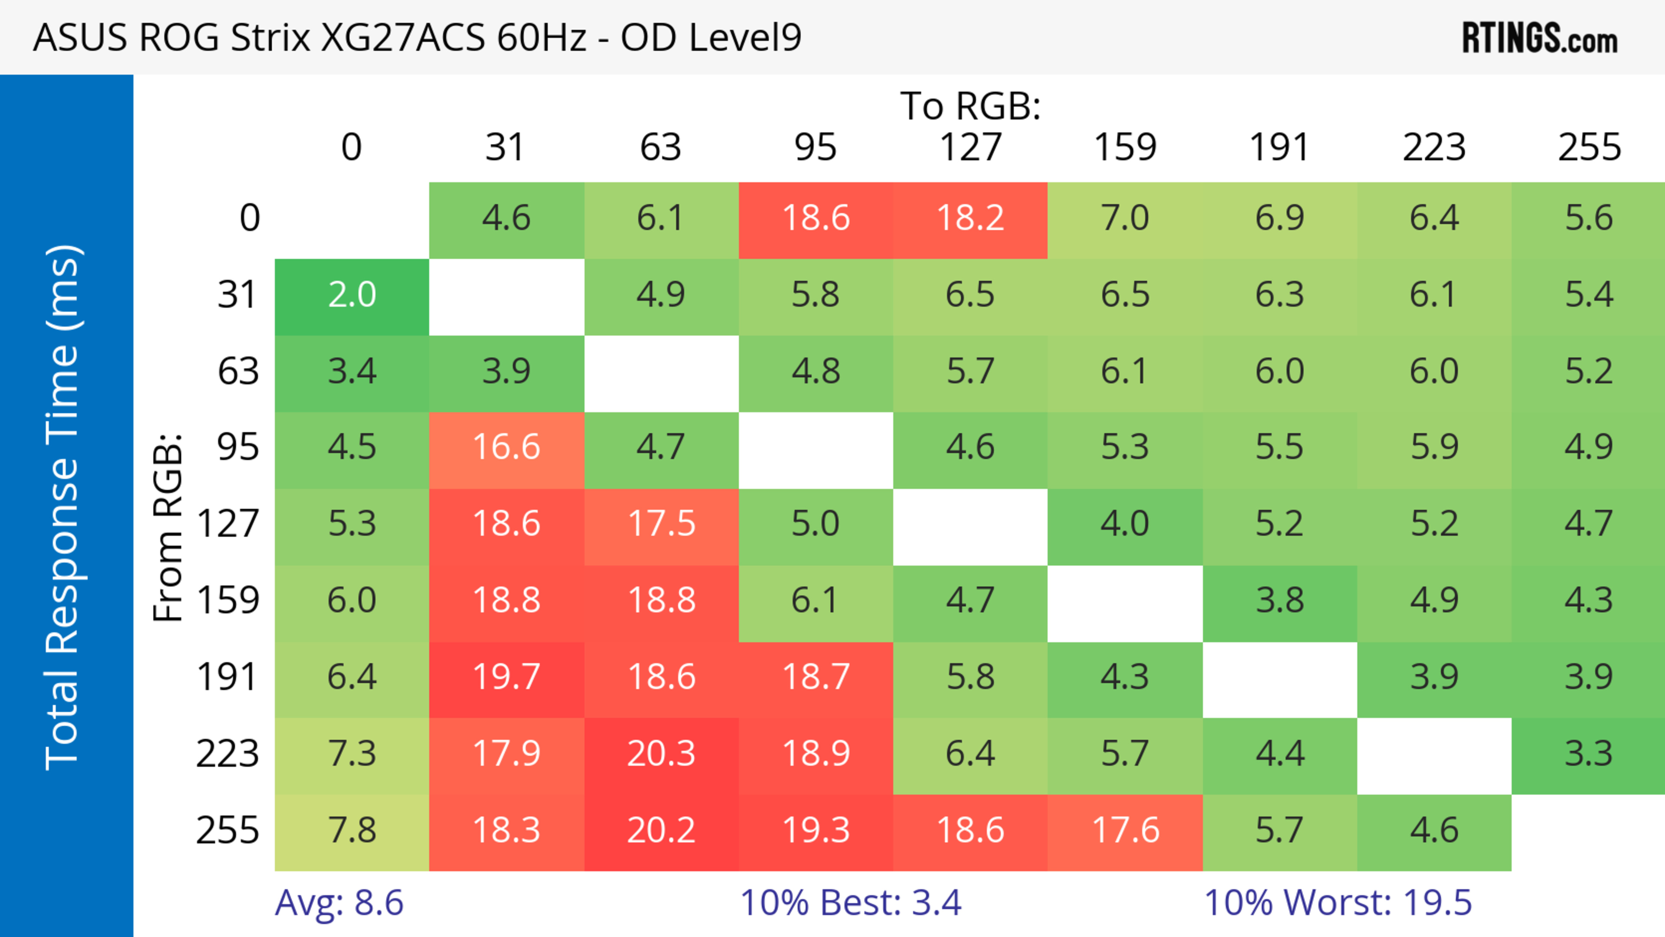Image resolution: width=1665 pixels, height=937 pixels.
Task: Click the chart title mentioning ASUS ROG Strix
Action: coord(417,37)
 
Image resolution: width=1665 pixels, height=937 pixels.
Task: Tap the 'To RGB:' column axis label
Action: coord(970,106)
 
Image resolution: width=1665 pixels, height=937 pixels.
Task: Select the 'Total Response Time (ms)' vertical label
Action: coord(63,507)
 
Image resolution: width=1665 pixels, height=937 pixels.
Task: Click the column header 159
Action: coord(1125,147)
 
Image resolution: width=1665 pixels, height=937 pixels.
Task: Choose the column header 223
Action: coord(1433,147)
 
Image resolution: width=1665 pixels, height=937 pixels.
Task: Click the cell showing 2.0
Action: coord(352,295)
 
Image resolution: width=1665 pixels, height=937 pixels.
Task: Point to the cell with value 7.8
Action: coord(352,830)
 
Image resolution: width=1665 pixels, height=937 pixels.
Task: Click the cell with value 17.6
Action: coord(1125,830)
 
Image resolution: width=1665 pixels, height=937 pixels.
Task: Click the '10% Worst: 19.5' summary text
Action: coord(1337,903)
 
